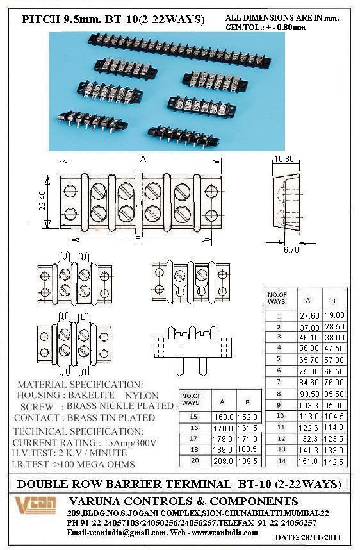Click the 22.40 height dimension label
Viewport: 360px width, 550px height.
pyautogui.click(x=42, y=200)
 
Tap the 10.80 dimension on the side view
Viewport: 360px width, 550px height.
pyautogui.click(x=284, y=159)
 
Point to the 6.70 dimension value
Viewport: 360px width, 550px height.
pyautogui.click(x=291, y=249)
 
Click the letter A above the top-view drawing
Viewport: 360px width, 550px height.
pyautogui.click(x=143, y=160)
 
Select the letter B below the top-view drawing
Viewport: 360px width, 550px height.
pyautogui.click(x=138, y=239)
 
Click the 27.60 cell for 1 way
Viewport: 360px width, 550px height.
pyautogui.click(x=309, y=315)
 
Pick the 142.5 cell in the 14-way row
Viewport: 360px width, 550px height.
pyautogui.click(x=333, y=462)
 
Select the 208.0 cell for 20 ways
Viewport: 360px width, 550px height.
pyautogui.click(x=223, y=462)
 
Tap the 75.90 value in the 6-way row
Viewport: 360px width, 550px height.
pyautogui.click(x=309, y=371)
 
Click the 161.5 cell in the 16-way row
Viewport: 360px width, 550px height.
pyautogui.click(x=247, y=428)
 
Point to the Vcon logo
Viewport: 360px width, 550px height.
pyautogui.click(x=35, y=504)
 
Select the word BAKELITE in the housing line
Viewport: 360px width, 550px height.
pyautogui.click(x=91, y=396)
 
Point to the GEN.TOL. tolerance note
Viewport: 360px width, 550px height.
pyautogui.click(x=265, y=27)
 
